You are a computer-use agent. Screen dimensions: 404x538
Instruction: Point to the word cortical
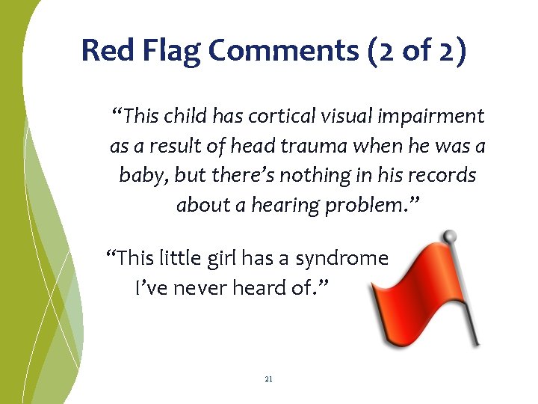(x=268, y=117)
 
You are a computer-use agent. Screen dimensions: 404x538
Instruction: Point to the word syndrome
(x=341, y=259)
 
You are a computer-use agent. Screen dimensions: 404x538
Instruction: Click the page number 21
(x=269, y=379)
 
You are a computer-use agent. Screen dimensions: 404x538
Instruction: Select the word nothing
(x=289, y=176)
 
